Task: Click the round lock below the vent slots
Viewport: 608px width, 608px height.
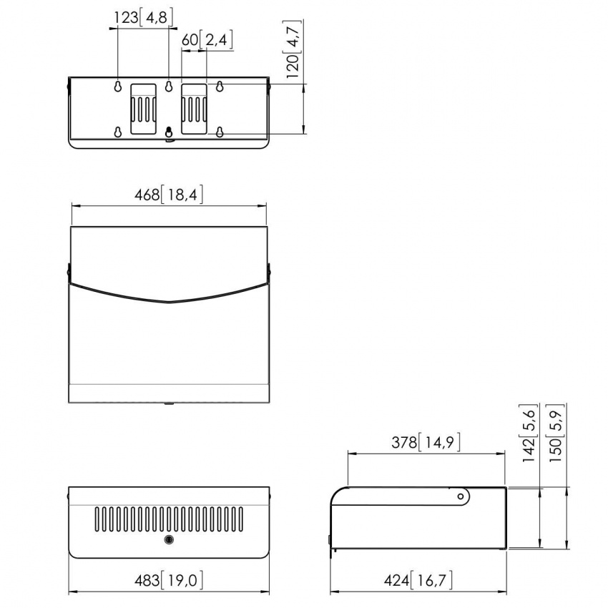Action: pos(169,540)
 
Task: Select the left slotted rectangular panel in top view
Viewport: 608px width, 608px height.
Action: pos(142,108)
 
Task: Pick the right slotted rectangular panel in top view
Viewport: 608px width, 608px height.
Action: pos(194,108)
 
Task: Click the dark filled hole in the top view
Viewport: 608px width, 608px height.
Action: pos(169,132)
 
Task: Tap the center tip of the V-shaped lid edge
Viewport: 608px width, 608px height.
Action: pos(169,302)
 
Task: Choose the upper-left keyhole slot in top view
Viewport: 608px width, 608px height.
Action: pos(117,86)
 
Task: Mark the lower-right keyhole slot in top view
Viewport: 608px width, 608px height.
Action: pos(220,132)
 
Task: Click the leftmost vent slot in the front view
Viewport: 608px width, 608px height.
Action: pos(98,519)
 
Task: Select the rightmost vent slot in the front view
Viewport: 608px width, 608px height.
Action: pos(240,519)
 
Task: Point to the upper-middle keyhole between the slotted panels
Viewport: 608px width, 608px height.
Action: pos(169,87)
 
